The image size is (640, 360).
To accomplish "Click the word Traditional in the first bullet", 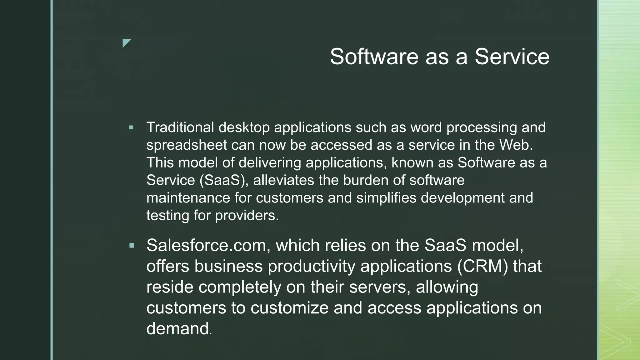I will click(180, 127).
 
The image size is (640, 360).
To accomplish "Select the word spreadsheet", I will click(187, 145).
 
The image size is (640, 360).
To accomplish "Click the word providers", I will click(247, 216).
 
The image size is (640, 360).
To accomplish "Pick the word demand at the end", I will click(177, 329).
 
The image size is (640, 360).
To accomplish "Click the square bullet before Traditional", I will click(131, 128).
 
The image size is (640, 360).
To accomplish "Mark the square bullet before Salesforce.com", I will click(132, 246).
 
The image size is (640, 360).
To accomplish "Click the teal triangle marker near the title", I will click(126, 42).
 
